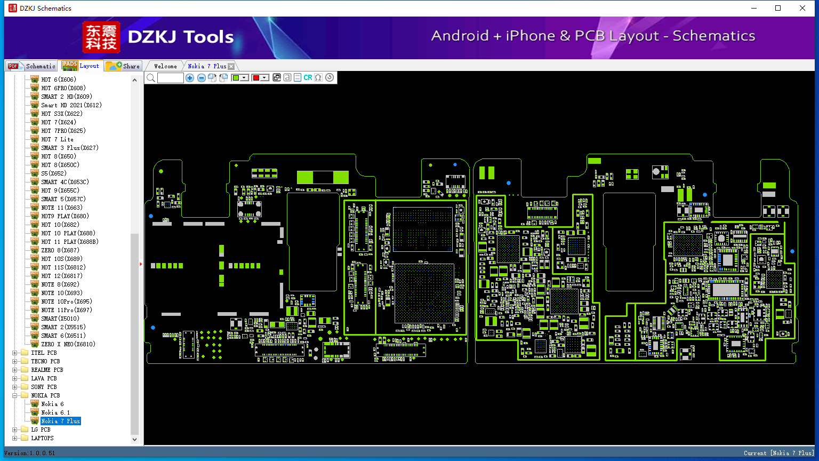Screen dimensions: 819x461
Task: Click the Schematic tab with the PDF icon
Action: click(31, 66)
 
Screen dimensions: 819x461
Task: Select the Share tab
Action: click(123, 66)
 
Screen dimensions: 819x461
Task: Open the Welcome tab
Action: click(165, 66)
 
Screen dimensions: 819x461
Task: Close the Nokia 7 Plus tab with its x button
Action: click(231, 66)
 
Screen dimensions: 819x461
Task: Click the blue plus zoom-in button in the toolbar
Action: click(189, 77)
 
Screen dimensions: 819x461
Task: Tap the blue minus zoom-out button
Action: click(201, 77)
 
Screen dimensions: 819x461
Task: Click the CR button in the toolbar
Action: click(308, 77)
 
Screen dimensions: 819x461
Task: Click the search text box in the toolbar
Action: click(171, 77)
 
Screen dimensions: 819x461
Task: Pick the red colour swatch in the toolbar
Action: click(256, 77)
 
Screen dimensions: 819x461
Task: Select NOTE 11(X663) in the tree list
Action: click(61, 208)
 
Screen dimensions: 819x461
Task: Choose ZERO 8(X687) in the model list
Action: click(60, 250)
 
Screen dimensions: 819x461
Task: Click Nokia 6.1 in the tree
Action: click(55, 412)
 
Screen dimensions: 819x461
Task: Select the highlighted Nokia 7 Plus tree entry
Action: click(60, 421)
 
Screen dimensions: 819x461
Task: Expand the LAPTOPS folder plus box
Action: click(14, 438)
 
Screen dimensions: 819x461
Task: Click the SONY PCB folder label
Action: click(44, 387)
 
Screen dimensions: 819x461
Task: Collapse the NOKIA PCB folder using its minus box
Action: click(14, 395)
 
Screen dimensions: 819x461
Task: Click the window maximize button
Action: click(778, 8)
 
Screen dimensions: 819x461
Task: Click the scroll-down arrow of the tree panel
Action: click(134, 440)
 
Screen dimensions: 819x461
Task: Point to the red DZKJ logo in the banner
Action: click(101, 37)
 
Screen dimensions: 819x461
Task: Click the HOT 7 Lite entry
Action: click(57, 139)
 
